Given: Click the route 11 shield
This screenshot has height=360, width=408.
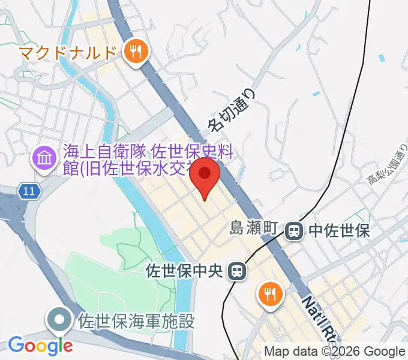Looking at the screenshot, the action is (29, 191).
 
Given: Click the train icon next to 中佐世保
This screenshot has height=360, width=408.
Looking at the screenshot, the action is (294, 229).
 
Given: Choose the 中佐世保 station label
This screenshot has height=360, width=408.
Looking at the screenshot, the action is (339, 229).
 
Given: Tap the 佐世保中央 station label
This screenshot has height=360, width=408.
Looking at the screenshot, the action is (185, 271).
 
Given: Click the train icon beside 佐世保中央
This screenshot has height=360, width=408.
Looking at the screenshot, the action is (238, 271).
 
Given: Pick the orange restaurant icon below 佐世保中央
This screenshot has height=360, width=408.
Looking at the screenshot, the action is (270, 293).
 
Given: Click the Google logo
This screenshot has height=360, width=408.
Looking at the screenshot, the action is (40, 346).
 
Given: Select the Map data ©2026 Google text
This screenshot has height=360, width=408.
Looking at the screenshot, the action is (335, 352).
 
